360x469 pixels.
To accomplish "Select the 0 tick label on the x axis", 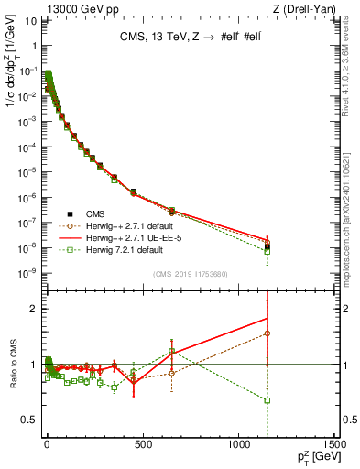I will tap(47, 445).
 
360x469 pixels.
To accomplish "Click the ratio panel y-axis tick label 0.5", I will tap(27, 420).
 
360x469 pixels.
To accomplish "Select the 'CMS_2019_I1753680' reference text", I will tap(189, 274).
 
